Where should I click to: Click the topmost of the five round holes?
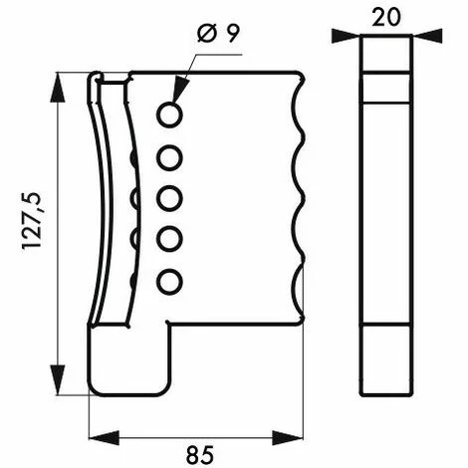click(x=169, y=116)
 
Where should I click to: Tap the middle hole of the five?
click(x=169, y=197)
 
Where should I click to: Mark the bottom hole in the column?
click(x=169, y=281)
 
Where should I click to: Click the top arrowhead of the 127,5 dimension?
click(x=63, y=79)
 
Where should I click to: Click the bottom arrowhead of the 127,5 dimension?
click(x=63, y=386)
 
